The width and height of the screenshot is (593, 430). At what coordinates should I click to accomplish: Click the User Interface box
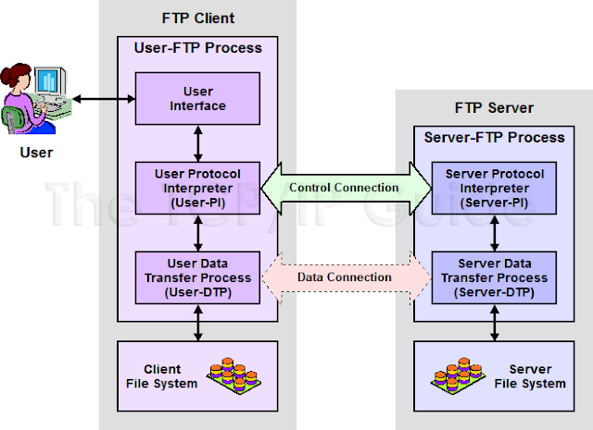click(x=196, y=99)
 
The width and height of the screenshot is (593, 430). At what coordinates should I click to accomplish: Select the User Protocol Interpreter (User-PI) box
click(x=196, y=187)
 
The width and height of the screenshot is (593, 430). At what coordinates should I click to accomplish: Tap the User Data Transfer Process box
click(x=196, y=276)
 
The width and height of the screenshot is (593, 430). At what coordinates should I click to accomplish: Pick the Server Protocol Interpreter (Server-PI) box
click(x=494, y=187)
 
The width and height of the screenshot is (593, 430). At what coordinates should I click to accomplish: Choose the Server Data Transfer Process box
click(x=494, y=276)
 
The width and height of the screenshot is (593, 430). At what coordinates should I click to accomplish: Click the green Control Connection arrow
click(x=344, y=188)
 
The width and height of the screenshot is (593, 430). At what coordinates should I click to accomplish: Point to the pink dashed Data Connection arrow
click(x=344, y=276)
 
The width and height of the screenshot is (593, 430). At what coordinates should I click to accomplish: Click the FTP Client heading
click(x=196, y=18)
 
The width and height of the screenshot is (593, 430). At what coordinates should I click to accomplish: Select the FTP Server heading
click(x=494, y=107)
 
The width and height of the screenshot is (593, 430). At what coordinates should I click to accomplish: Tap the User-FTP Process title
click(x=196, y=47)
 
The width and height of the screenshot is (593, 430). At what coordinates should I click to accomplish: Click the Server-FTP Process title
click(x=494, y=137)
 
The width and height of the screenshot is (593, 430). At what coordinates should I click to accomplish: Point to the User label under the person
click(x=37, y=152)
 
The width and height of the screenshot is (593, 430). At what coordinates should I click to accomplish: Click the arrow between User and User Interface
click(x=105, y=98)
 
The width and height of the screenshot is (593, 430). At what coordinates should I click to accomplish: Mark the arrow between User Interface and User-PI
click(x=196, y=142)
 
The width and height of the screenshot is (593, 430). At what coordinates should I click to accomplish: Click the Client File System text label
click(x=170, y=376)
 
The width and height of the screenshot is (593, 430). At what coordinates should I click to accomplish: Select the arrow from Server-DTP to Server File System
click(x=494, y=322)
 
